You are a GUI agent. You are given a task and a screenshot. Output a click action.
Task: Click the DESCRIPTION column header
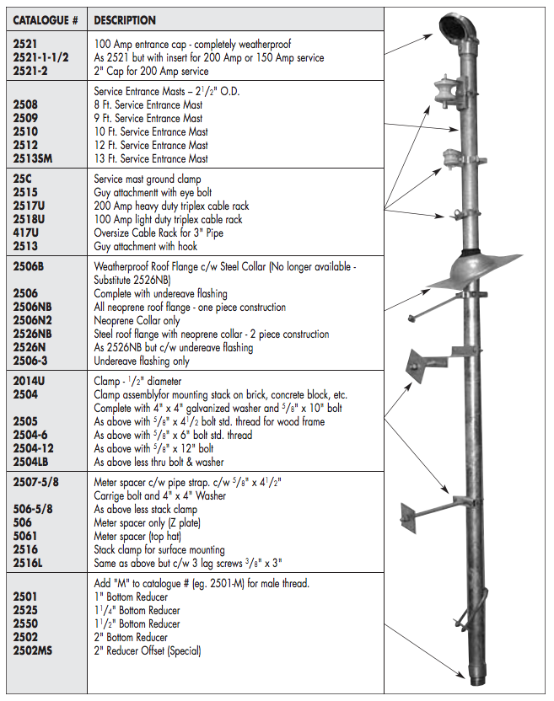(124, 20)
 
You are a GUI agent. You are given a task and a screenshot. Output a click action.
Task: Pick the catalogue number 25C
(24, 179)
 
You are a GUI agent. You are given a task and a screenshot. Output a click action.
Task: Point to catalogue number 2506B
(30, 266)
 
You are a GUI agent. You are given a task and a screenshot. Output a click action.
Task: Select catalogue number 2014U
(30, 381)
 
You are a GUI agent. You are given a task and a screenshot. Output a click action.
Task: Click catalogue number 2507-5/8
(36, 482)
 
